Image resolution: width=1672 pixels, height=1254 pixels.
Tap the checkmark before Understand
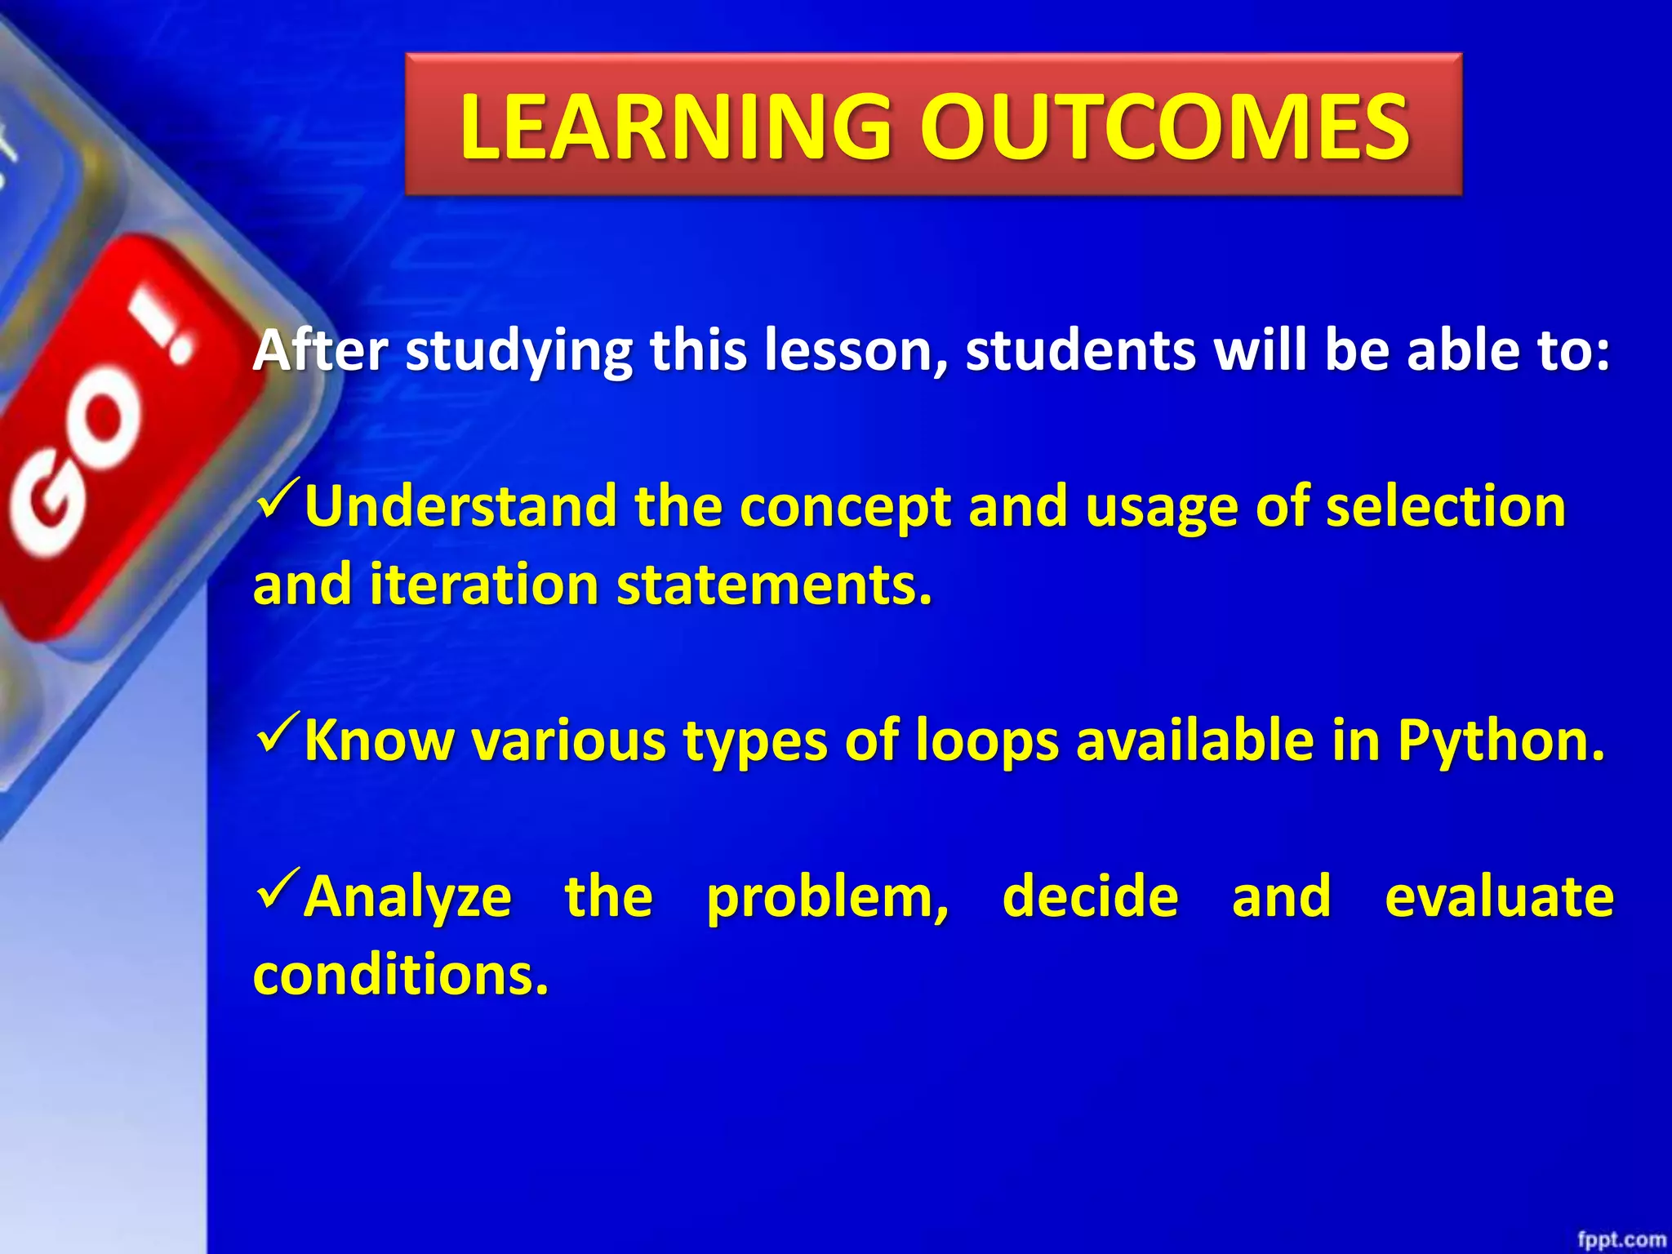(278, 499)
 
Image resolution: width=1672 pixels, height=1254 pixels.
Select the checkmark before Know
(278, 732)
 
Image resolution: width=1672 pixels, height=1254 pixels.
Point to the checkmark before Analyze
(278, 889)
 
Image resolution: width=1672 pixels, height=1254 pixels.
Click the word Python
(1501, 741)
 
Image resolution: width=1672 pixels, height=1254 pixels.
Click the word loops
(986, 741)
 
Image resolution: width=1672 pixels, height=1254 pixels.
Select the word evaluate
(1499, 896)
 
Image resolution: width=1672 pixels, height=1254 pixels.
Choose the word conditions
(400, 975)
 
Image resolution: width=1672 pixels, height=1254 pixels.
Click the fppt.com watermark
(1621, 1239)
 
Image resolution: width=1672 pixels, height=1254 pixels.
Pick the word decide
(1090, 896)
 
